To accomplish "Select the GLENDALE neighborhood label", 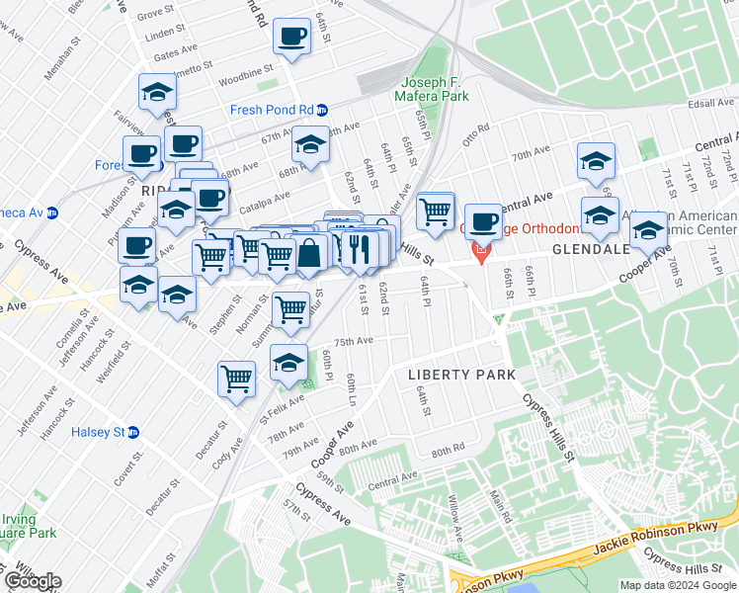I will (591, 249).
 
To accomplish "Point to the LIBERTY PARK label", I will (461, 375).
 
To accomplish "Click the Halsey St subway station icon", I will (133, 432).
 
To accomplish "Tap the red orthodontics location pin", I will (481, 253).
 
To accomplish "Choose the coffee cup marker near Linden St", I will (290, 38).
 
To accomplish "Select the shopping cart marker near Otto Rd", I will (435, 211).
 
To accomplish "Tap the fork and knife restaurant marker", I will (359, 248).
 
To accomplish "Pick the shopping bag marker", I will (309, 254).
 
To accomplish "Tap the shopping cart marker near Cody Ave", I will (236, 378).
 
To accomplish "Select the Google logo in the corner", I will (32, 581).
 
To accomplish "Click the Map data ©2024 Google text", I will (677, 585).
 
